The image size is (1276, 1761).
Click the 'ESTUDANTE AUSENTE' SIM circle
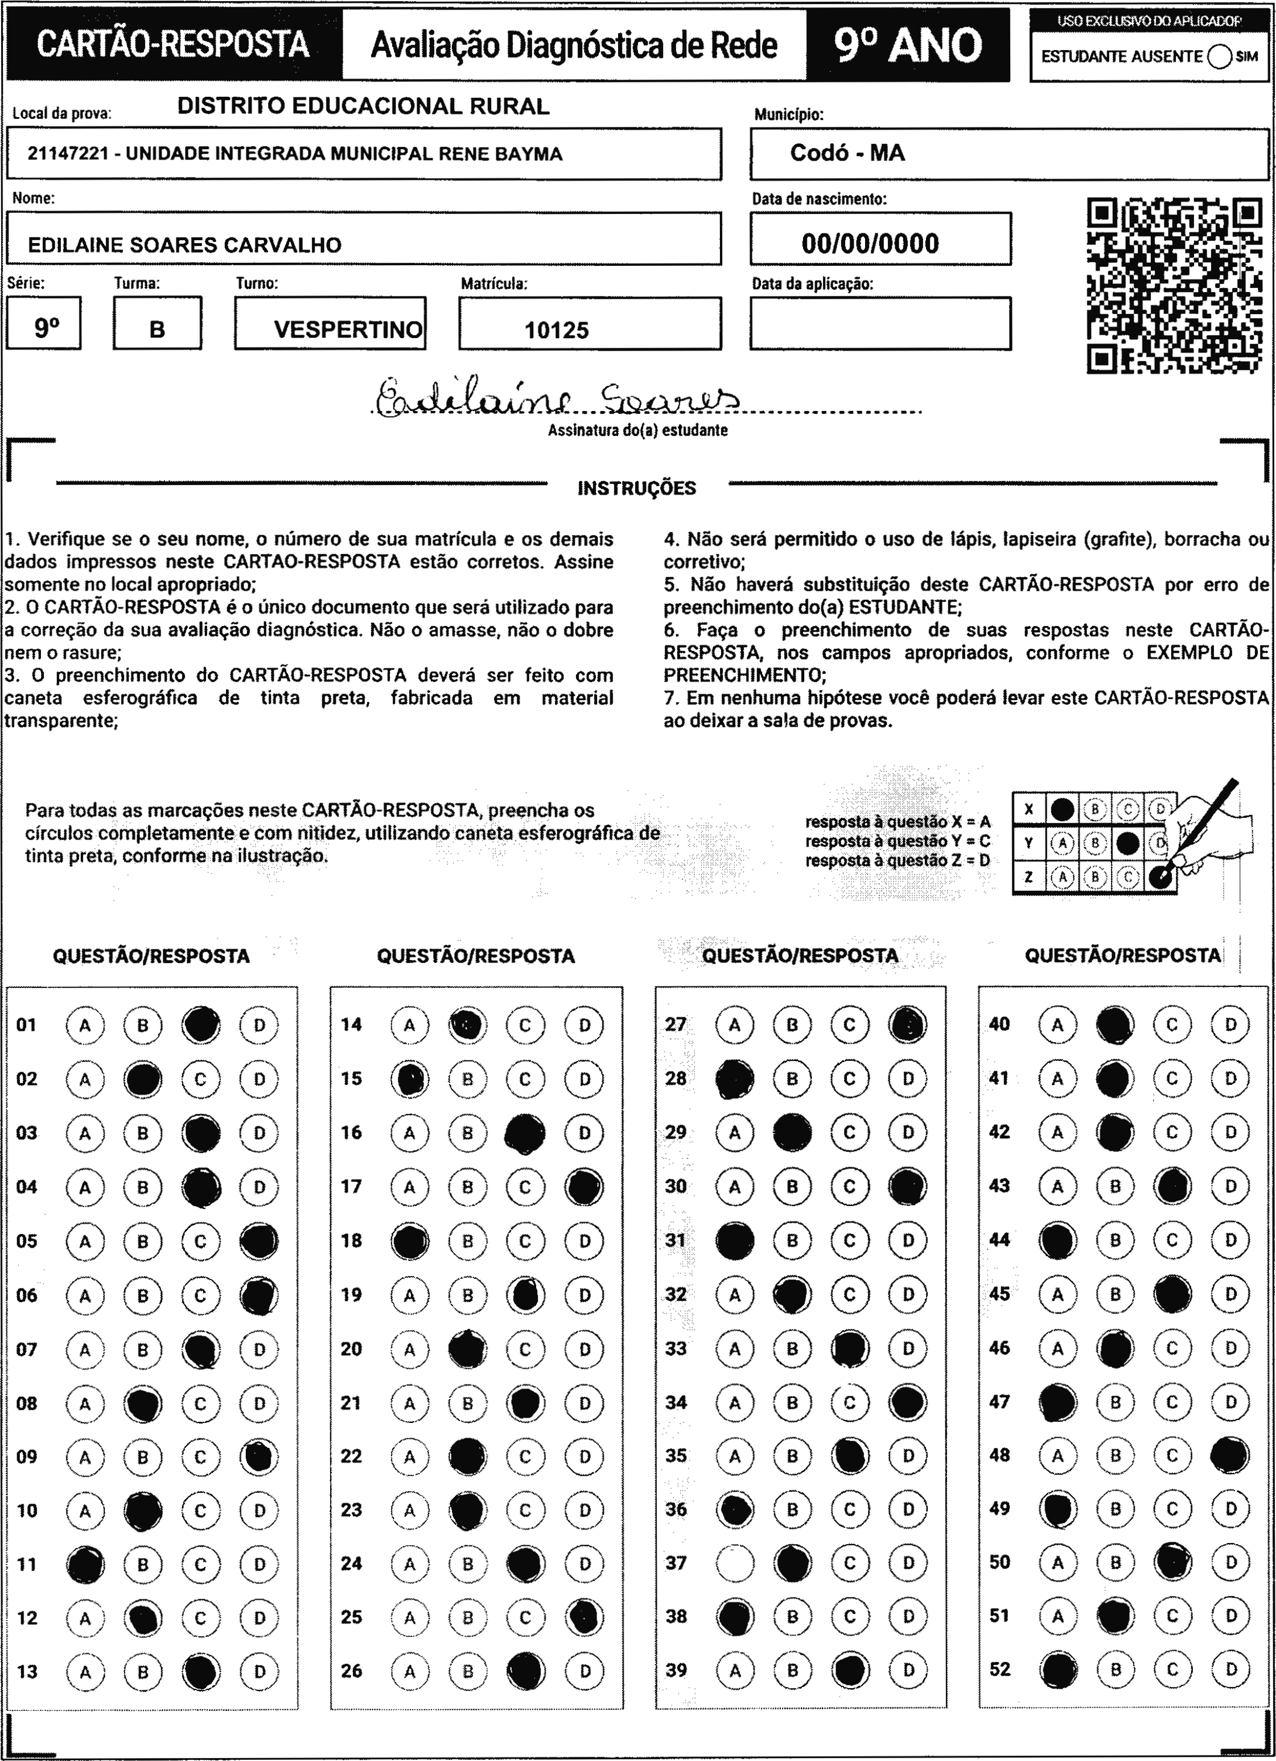1219,57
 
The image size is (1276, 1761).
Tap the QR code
1174,286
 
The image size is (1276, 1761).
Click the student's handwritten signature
557,398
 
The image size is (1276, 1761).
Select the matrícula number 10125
557,330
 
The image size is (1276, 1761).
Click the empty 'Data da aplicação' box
880,324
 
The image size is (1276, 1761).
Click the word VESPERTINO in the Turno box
348,330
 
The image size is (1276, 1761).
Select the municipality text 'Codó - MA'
847,153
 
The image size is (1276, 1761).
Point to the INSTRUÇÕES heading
636,488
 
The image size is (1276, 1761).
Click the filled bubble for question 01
201,1025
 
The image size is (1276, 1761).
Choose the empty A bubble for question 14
409,1025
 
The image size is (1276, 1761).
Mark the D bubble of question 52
1230,1669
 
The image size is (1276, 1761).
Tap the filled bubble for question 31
735,1241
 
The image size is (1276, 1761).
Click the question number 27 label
676,1024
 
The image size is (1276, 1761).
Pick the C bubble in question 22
525,1456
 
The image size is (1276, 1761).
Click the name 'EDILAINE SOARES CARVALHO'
185,245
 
